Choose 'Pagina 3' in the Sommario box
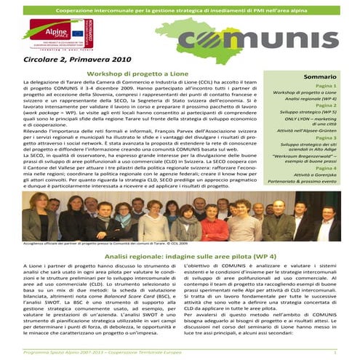(325, 137)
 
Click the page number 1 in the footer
(334, 353)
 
